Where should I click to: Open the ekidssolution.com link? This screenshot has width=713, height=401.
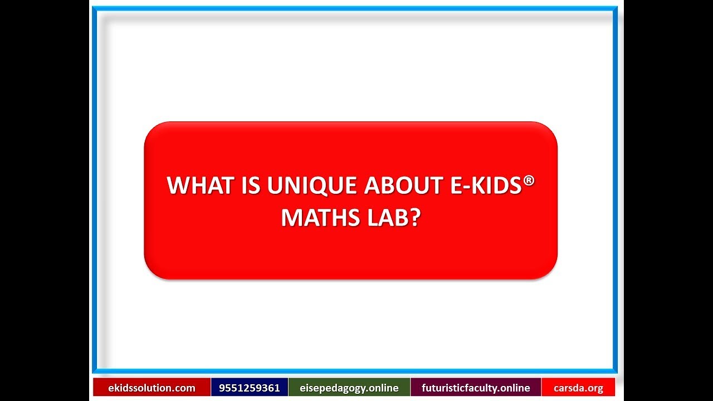pos(152,388)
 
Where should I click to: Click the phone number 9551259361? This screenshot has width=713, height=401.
pos(250,388)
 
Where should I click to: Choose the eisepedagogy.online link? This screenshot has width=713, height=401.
pos(349,388)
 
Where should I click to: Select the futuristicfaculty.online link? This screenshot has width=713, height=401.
pos(476,388)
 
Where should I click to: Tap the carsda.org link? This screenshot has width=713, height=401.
pos(578,388)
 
